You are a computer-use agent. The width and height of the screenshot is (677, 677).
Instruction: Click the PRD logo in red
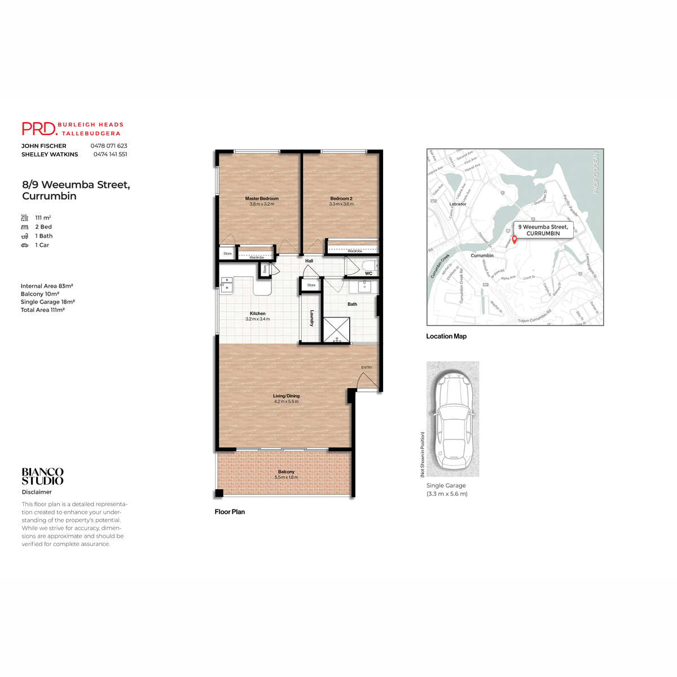tap(39, 129)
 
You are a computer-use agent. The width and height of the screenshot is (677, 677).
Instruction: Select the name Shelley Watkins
tap(50, 154)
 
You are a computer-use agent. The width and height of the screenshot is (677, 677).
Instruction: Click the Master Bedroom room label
tap(262, 199)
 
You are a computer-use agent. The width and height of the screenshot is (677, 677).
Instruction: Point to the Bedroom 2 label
tap(341, 199)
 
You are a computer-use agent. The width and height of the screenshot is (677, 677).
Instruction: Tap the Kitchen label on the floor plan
tap(258, 313)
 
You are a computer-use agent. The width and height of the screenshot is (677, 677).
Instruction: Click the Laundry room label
tap(311, 318)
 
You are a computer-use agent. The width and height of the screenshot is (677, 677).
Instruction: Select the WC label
tap(368, 274)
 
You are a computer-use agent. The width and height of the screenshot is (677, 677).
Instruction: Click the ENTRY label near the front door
tap(367, 367)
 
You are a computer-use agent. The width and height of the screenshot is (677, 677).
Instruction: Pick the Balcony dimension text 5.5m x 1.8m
tap(286, 477)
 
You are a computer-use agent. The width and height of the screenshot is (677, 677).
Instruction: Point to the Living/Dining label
tap(286, 396)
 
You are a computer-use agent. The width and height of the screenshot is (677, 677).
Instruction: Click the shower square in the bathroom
tap(336, 329)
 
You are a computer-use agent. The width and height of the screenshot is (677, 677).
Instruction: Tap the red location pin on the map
tap(514, 239)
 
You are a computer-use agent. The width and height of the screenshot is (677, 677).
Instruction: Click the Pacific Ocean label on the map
tap(595, 173)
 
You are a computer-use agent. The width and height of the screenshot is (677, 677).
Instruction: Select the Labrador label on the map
tap(458, 204)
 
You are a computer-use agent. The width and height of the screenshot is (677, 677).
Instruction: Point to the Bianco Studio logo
tap(43, 476)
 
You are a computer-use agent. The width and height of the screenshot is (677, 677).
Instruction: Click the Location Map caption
tap(446, 336)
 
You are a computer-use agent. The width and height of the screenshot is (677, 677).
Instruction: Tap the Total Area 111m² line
tap(43, 310)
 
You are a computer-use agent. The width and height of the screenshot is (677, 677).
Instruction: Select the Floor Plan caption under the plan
tap(230, 512)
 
